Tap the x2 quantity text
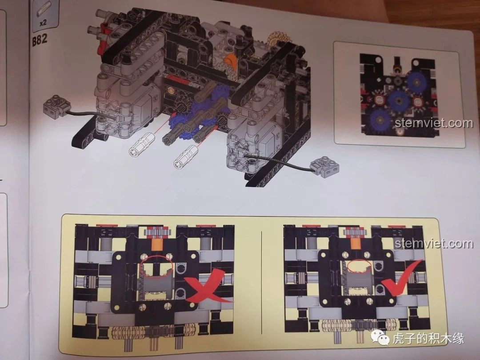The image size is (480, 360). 43,22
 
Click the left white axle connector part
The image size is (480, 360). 140,145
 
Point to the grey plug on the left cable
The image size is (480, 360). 56,105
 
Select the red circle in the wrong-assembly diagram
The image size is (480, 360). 156,264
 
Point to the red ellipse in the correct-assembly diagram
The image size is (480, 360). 360,265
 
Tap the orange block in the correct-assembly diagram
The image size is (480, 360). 356,243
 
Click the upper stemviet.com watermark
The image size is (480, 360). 434,123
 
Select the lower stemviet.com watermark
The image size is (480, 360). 434,244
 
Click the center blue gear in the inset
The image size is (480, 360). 398,100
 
